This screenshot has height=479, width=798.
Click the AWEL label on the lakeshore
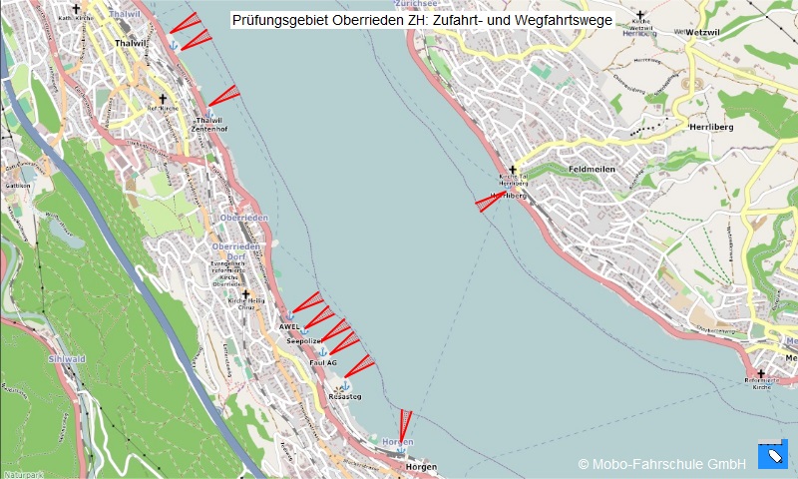coord(289,326)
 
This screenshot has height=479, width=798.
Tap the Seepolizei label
coord(302,341)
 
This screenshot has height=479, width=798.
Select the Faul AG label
coord(323,362)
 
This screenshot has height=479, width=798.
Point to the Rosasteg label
coord(344,396)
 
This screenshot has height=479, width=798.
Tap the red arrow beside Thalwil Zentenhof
coord(223,96)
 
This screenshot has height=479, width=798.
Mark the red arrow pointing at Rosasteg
coord(358,366)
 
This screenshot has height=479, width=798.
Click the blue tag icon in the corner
coord(772,455)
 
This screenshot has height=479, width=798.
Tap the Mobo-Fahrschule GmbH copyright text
coord(661,463)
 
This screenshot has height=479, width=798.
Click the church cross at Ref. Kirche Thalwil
coord(163,99)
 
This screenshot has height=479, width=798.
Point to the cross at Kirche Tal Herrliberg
coord(514,171)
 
